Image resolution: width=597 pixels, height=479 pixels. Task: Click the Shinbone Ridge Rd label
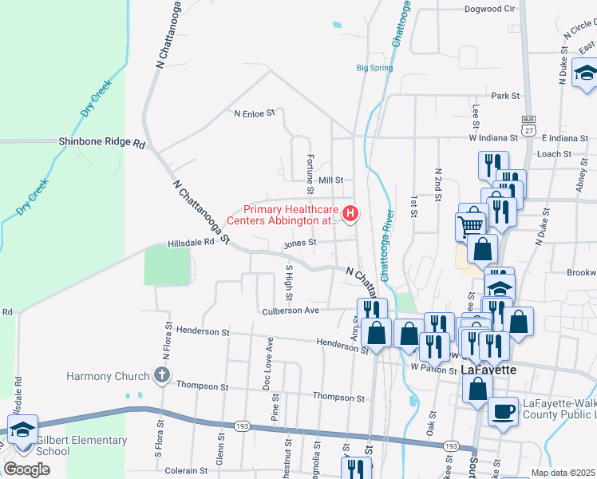pos(102,143)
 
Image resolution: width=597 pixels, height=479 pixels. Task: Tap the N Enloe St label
pos(254,113)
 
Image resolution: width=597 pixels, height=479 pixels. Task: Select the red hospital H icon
pos(350,214)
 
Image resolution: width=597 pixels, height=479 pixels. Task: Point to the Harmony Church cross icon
pos(161,375)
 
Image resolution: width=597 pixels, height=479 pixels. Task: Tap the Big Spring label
pos(374,68)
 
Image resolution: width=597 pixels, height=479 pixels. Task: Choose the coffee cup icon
pos(502,410)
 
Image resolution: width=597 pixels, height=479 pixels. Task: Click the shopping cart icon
pos(471,225)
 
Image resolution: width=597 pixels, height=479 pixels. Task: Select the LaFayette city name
pos(489,370)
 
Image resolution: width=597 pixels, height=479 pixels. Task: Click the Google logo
pos(27,469)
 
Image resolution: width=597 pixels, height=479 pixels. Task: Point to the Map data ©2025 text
pos(563,473)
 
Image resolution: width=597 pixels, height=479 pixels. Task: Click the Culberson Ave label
pos(291,310)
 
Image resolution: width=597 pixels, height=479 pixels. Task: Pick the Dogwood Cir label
pos(489,9)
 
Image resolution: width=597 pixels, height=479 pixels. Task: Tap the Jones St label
pos(301,242)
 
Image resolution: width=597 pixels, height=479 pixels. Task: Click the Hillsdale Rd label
pos(192,242)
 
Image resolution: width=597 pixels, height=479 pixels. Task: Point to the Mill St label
pos(330,180)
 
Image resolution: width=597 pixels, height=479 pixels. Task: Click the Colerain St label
pos(186,471)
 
